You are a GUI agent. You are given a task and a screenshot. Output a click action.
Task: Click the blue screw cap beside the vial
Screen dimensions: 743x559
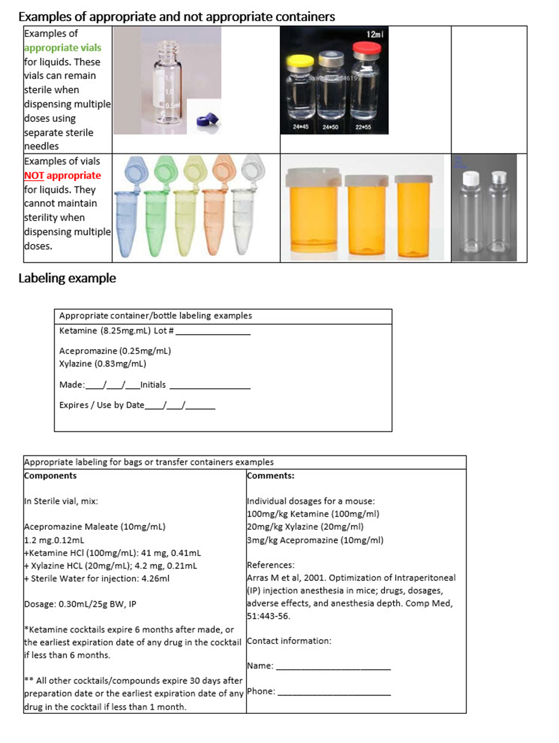tap(206, 120)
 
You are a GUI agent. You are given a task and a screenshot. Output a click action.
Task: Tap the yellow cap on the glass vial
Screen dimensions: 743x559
tap(300, 61)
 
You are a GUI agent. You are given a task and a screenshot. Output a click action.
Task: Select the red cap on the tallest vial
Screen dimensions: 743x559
tap(367, 49)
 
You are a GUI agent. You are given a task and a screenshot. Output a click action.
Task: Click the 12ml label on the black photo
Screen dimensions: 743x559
tap(375, 35)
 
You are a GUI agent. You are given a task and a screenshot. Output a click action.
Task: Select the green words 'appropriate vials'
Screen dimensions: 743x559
tap(63, 48)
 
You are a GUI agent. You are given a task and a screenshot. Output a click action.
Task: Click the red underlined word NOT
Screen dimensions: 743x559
tap(34, 176)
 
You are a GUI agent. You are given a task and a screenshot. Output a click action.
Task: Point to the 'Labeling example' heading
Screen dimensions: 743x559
tap(67, 278)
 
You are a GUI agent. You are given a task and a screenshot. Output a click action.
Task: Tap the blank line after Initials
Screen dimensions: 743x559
tap(210, 387)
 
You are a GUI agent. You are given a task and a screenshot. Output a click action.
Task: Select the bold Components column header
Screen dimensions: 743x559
tap(50, 476)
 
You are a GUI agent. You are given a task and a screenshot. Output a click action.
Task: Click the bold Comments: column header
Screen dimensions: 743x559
tap(271, 476)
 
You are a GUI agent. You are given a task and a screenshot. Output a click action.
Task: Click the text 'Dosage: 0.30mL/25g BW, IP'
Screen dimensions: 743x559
tap(80, 604)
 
